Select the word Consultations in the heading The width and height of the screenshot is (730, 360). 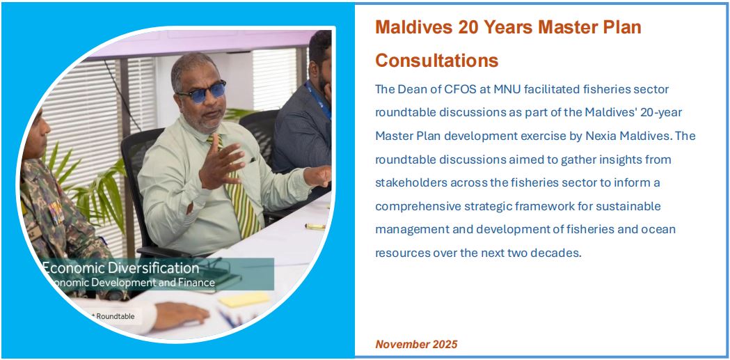437,61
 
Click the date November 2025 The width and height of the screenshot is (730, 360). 416,344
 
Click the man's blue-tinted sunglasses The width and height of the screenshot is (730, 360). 202,92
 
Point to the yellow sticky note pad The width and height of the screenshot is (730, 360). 244,299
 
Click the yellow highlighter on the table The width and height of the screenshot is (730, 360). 315,227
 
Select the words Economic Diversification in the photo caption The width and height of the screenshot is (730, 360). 121,268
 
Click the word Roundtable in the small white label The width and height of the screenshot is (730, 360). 116,317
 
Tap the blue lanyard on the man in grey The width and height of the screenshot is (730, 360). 319,100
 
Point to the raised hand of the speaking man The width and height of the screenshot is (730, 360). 221,162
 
